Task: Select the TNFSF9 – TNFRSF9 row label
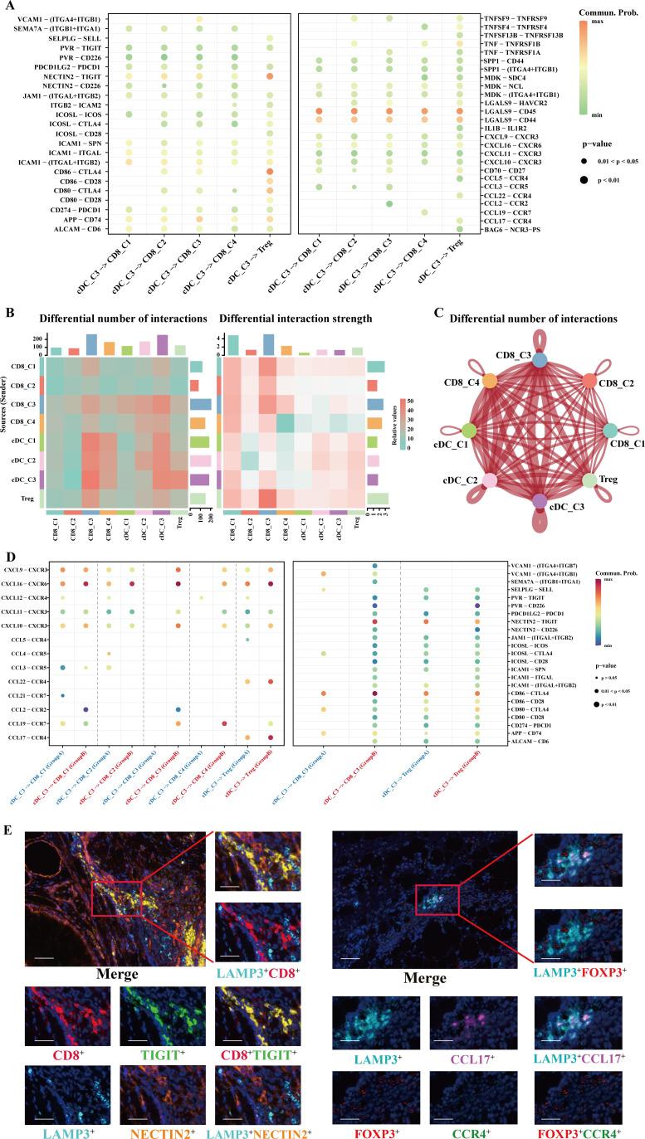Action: pos(514,18)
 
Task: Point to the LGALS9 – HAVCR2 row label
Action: pos(515,102)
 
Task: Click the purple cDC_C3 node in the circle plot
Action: pos(540,501)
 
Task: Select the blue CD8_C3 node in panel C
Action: pos(540,359)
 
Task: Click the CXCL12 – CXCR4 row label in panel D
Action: pos(26,597)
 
